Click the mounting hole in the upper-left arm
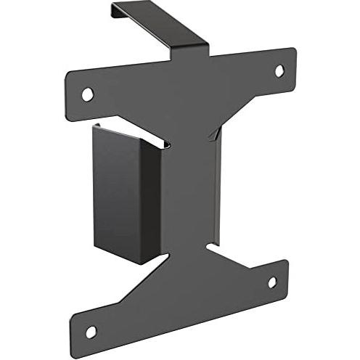pos(87,94)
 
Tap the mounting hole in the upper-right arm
pos(279,70)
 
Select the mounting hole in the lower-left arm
pos(91,332)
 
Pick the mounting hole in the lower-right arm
pos(272,282)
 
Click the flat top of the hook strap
pos(160,25)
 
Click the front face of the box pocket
pos(116,192)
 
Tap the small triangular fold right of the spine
pos(211,134)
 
